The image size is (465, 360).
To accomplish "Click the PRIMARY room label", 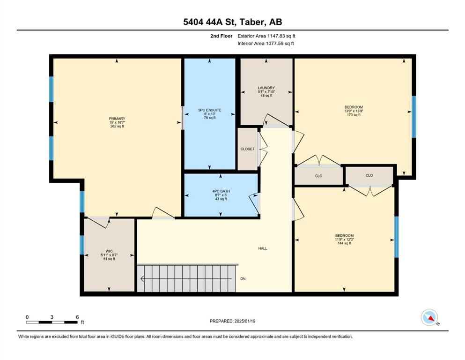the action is [x=117, y=119].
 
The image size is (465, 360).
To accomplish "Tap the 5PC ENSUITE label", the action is [x=210, y=110].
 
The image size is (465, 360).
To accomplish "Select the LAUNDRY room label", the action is [x=266, y=88].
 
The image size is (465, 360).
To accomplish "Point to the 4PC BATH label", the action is [x=221, y=191].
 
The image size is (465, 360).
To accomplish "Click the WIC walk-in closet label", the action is [x=109, y=251].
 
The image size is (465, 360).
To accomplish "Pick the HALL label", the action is [x=263, y=248].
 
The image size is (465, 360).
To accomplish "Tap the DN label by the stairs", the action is [x=243, y=279].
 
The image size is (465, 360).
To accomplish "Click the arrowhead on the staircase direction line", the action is [x=142, y=279].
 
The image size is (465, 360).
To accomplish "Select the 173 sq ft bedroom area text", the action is [x=354, y=115].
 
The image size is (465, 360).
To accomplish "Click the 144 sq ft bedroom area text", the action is [x=344, y=243].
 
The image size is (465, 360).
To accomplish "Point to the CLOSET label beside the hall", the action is [x=247, y=149].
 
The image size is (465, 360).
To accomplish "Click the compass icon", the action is [x=429, y=317].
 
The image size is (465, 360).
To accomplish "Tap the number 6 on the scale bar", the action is [x=77, y=317].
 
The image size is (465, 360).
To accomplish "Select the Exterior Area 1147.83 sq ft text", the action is [x=266, y=36].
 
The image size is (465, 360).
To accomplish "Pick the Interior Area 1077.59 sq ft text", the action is [x=266, y=43].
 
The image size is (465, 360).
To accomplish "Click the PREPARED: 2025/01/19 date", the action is [x=232, y=321].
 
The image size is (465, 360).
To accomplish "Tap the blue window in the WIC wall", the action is [x=82, y=245].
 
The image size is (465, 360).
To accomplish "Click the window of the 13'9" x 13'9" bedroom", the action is [x=414, y=117].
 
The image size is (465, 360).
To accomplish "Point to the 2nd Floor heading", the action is [x=221, y=36].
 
